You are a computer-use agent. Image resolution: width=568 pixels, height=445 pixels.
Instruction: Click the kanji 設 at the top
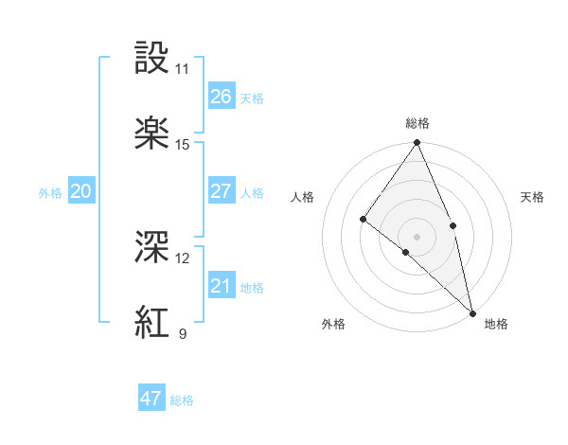pos(152,59)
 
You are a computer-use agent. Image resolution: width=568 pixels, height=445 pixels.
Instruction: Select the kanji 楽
pos(152,133)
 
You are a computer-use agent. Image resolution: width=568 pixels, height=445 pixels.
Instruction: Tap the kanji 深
pos(152,248)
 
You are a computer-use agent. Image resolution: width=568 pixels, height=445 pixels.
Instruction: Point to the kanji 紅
pos(152,323)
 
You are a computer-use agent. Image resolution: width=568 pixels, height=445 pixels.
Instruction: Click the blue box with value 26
pos(221,97)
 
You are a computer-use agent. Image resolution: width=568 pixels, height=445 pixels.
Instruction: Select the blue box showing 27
pos(221,191)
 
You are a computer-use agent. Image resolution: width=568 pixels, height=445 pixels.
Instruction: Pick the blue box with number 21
pos(221,286)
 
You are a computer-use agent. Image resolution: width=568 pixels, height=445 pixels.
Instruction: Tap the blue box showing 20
pos(80,191)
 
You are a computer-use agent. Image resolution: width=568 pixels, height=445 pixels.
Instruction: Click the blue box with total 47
pos(151,399)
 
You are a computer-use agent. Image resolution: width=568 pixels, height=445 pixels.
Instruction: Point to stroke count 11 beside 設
pos(182,69)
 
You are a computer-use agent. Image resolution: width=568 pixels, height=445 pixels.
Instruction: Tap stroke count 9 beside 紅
pos(182,334)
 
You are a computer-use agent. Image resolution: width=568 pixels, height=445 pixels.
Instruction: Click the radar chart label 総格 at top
pos(417,123)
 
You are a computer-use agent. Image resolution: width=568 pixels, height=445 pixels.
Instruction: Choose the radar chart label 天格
pos(533,197)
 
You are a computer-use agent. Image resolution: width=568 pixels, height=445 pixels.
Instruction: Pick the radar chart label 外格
pos(333,324)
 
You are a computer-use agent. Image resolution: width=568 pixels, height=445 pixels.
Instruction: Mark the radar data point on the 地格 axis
pos(472,311)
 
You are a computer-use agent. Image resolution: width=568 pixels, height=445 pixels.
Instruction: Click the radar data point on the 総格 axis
pos(417,143)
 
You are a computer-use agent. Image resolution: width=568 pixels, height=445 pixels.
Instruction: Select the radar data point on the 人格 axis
pos(363,219)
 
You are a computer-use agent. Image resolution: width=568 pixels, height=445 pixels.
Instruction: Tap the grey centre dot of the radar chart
pos(417,236)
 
